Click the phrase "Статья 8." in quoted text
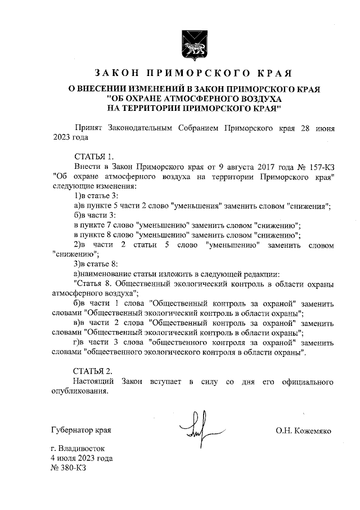(x=91, y=284)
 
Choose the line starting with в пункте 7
(x=187, y=225)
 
